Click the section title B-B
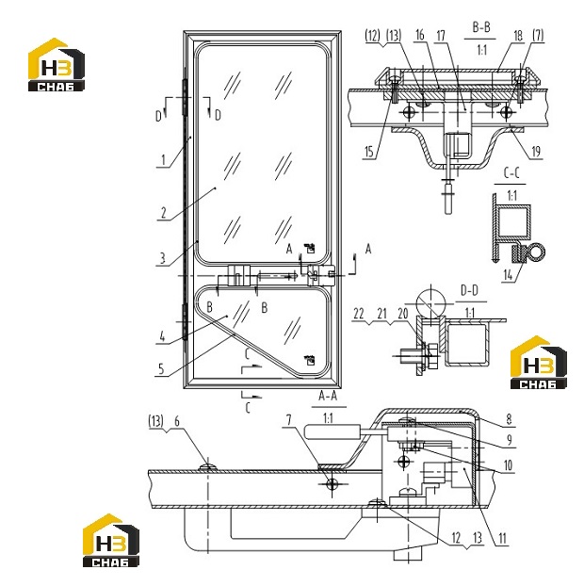pyautogui.click(x=481, y=27)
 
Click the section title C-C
pyautogui.click(x=511, y=173)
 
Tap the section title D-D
pyautogui.click(x=469, y=290)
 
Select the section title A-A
pyautogui.click(x=328, y=396)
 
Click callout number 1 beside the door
pyautogui.click(x=163, y=160)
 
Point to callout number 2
pyautogui.click(x=163, y=213)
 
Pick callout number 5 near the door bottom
pyautogui.click(x=161, y=369)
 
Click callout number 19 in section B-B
pyautogui.click(x=536, y=152)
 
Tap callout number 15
pyautogui.click(x=369, y=152)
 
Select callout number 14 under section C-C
pyautogui.click(x=508, y=275)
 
